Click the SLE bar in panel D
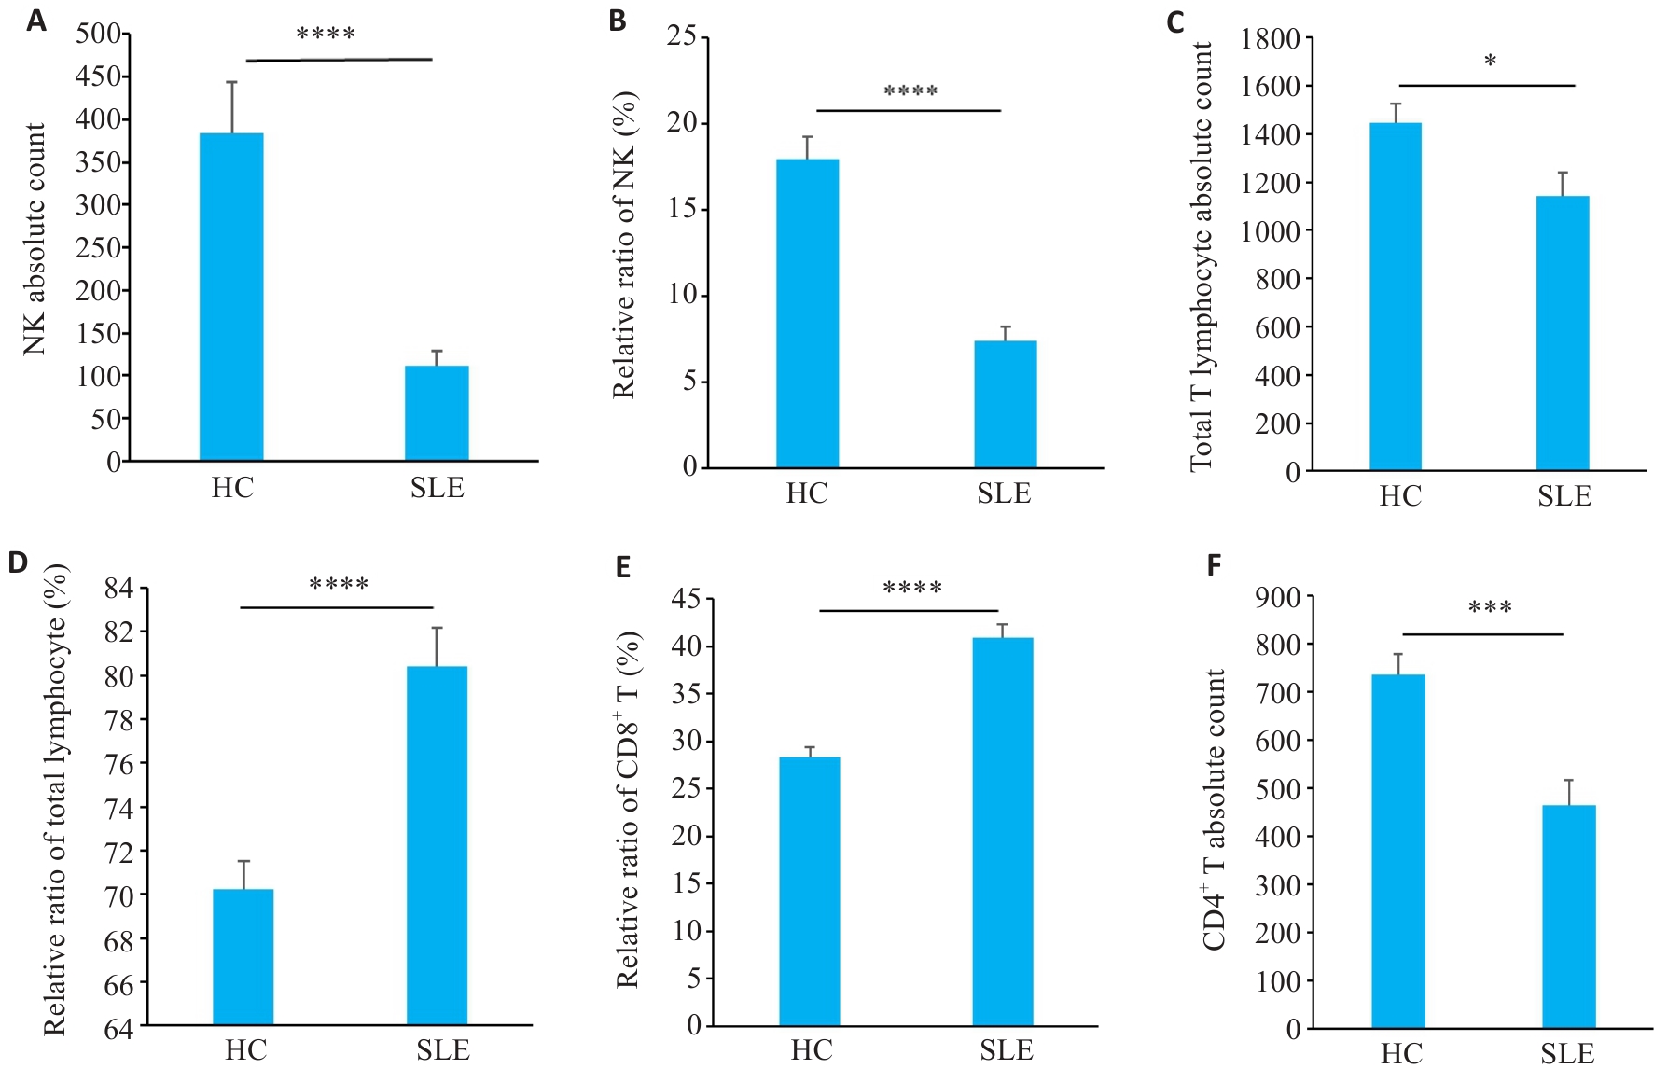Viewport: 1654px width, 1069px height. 437,845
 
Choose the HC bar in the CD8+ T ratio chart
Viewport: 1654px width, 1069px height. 810,891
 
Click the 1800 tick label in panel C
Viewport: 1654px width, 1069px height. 1270,39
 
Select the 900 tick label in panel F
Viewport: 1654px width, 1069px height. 1278,597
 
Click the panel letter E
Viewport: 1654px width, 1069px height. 624,566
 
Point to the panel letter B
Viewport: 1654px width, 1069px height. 617,21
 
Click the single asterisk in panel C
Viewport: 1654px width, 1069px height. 1490,62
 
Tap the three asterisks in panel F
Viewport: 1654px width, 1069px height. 1490,608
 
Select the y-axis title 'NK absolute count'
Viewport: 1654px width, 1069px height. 35,239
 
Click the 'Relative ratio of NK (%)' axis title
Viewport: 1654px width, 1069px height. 623,244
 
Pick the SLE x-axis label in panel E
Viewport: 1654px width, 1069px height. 1006,1050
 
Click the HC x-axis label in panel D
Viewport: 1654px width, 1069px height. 245,1050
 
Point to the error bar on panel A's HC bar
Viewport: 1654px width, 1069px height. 231,106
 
